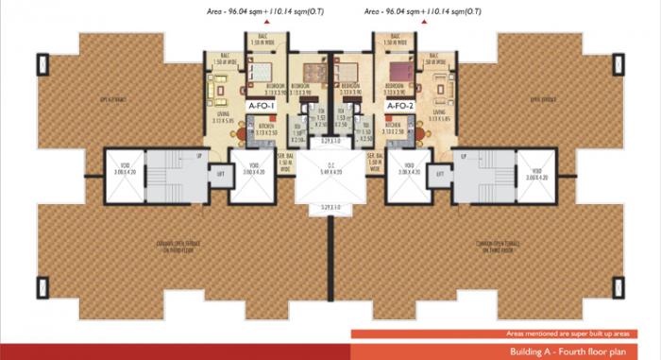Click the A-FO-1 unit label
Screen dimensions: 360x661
point(261,107)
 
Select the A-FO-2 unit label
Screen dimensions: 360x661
point(401,107)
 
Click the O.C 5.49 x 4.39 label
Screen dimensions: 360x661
point(330,172)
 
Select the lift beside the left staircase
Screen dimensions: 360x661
point(222,174)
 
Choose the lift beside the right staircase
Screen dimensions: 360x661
point(439,174)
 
